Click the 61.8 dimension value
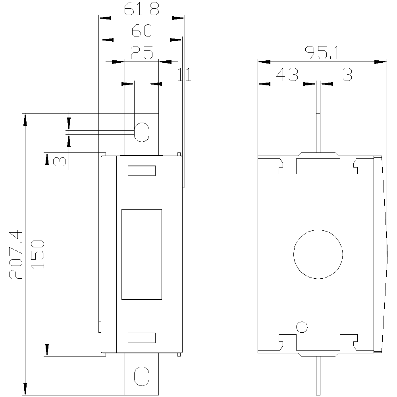142,9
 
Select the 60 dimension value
142,31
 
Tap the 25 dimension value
142,52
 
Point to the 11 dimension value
184,75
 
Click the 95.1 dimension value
322,53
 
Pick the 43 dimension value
287,75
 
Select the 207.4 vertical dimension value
16,255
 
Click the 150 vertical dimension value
37,254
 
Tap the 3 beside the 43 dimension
347,75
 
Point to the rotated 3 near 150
60,161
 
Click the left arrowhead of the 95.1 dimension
264,62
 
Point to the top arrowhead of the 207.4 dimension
25,119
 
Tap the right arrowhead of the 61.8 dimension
179,18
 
